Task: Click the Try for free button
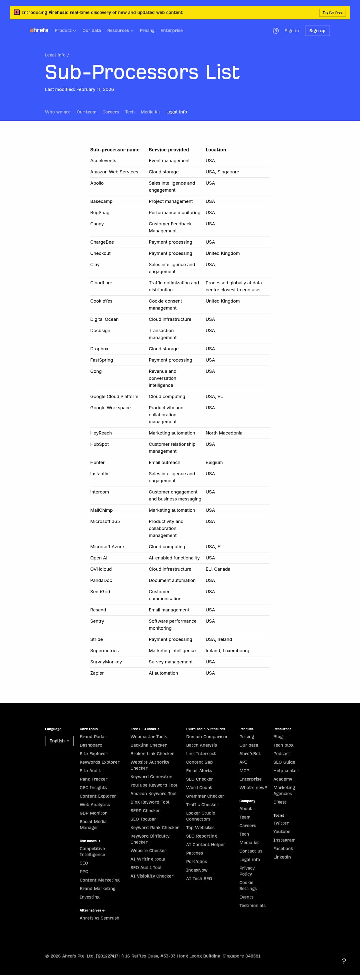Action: pyautogui.click(x=332, y=12)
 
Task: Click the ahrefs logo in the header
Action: pyautogui.click(x=39, y=30)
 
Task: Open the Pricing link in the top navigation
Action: pyautogui.click(x=147, y=31)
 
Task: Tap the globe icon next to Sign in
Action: pyautogui.click(x=275, y=31)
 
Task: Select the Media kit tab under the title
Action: pyautogui.click(x=150, y=112)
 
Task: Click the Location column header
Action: pyautogui.click(x=216, y=150)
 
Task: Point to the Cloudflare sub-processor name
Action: pyautogui.click(x=101, y=283)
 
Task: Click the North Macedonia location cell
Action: pyautogui.click(x=224, y=433)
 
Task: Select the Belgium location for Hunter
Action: pyautogui.click(x=214, y=463)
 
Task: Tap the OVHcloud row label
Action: pyautogui.click(x=101, y=569)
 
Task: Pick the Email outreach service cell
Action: pyautogui.click(x=164, y=463)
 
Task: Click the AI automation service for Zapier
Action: pyautogui.click(x=163, y=673)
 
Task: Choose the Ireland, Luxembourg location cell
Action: pyautogui.click(x=227, y=651)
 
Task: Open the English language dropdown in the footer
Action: pyautogui.click(x=59, y=741)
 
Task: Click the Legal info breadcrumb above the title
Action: pyautogui.click(x=55, y=55)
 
